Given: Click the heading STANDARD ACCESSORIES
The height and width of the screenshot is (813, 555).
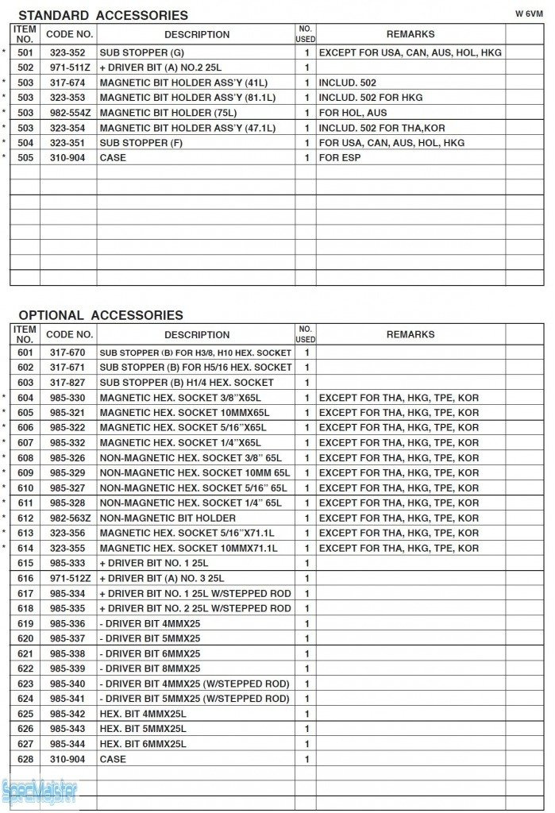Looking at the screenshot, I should tap(103, 15).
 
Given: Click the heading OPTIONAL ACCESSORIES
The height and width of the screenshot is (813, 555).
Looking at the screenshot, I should tap(101, 315).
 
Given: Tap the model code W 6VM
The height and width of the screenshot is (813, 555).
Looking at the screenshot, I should tap(528, 13).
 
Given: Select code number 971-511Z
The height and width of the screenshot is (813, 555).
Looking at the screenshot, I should tap(69, 67).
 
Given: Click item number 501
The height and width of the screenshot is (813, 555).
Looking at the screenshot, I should tap(25, 52).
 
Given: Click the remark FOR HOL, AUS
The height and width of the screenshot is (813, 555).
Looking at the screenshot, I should tap(353, 113).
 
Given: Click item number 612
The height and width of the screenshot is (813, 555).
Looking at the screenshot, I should tap(25, 518).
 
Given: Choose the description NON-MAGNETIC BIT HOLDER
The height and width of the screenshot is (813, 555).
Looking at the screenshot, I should tap(156, 518).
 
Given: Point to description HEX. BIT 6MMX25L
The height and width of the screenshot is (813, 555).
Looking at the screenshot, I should tap(143, 744).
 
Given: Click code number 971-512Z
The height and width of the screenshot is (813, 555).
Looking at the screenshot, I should tap(69, 579).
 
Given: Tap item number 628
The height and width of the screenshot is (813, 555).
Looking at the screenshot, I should tap(25, 759).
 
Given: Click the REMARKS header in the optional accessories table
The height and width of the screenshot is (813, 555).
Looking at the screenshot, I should tap(410, 335).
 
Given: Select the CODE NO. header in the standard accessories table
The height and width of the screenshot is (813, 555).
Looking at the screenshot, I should tap(69, 35).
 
